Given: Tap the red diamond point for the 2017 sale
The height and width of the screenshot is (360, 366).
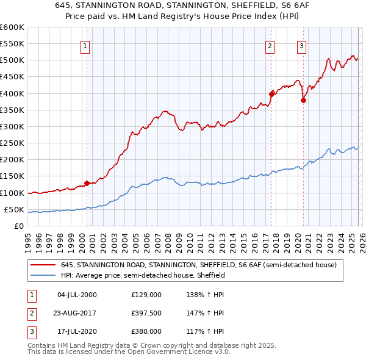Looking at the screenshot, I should tap(271, 94).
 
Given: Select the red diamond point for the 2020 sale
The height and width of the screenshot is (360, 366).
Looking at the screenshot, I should tap(303, 101).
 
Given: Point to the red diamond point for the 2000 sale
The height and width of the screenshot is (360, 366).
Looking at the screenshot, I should tap(87, 182).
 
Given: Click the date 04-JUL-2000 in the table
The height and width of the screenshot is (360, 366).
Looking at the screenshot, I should tap(76, 295).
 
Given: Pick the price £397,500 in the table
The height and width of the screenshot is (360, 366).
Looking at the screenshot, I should tap(146, 313).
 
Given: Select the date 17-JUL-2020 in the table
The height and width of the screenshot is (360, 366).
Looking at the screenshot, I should tap(76, 331).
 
